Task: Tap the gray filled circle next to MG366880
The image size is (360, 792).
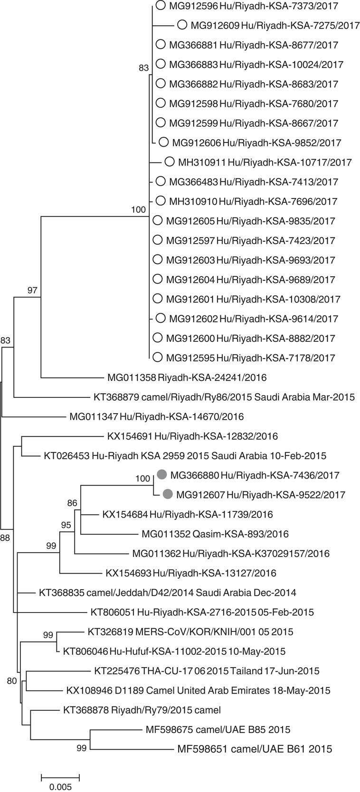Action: (x=162, y=475)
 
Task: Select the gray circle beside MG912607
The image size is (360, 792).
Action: (x=168, y=494)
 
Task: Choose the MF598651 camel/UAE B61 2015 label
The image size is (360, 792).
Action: (x=254, y=749)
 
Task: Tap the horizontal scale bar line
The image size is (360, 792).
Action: (x=60, y=777)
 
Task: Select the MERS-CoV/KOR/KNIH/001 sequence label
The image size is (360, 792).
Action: (x=190, y=632)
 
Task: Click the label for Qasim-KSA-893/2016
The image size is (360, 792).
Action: (x=215, y=534)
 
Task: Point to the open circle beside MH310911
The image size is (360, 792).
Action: (x=170, y=162)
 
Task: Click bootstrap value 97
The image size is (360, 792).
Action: (x=32, y=291)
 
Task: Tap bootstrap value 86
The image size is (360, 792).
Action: (x=72, y=503)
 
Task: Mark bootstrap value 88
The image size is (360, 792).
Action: (x=5, y=537)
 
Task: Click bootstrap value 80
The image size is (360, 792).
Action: (x=12, y=681)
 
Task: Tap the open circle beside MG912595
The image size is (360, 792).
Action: (x=158, y=358)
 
